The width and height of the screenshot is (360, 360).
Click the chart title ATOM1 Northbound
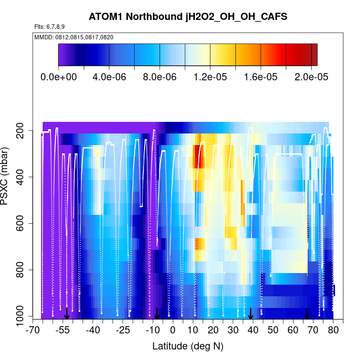(x=180, y=17)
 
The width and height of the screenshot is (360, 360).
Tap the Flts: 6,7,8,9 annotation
(x=49, y=27)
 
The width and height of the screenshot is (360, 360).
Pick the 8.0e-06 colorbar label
(x=160, y=77)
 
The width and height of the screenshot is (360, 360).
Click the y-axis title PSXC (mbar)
(x=7, y=177)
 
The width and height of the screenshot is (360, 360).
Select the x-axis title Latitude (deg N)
(x=188, y=346)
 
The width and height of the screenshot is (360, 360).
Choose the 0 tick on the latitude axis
(x=173, y=330)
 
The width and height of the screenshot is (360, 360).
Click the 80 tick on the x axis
(x=333, y=330)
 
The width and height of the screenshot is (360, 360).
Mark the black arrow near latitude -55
(x=66, y=314)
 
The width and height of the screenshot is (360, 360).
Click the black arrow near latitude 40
(x=251, y=314)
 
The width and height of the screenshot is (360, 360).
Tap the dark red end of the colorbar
(x=314, y=55)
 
